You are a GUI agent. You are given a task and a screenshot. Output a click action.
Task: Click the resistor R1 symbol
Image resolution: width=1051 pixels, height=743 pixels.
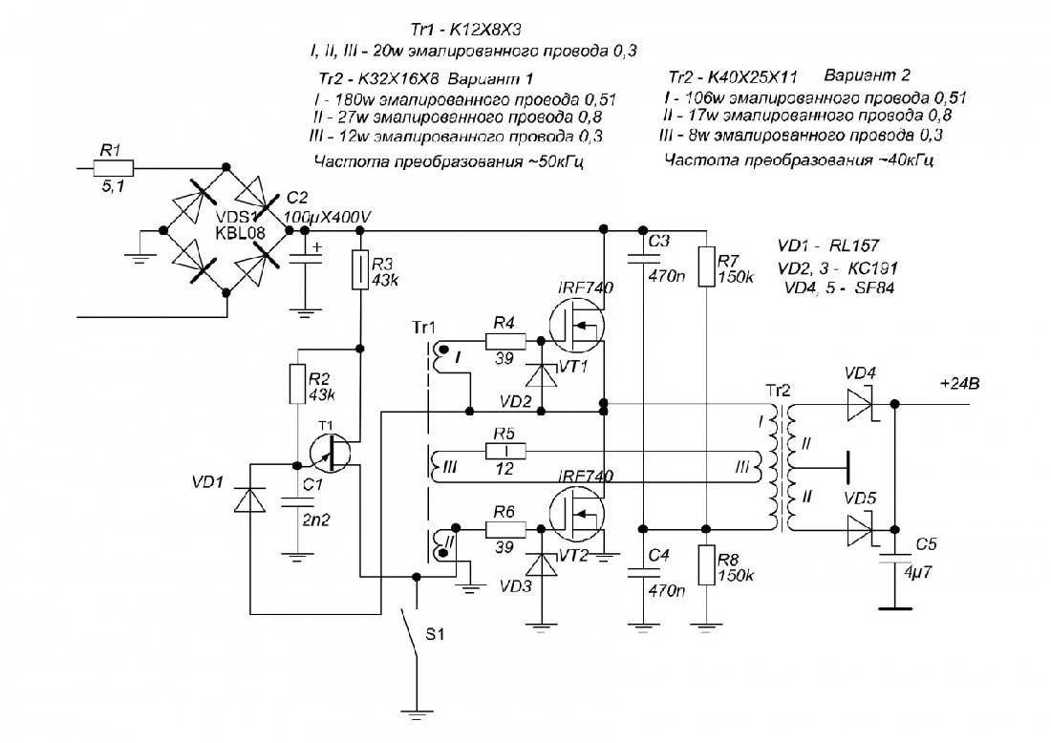click(114, 168)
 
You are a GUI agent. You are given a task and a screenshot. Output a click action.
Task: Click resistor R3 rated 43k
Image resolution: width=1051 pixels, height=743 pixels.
click(360, 269)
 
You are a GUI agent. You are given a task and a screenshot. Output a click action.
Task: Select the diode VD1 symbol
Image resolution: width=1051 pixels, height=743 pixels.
click(249, 499)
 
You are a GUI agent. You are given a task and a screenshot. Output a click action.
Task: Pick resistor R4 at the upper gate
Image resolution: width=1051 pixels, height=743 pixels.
click(503, 341)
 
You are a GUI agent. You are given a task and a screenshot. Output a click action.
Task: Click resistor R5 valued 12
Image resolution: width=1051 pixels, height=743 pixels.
click(504, 450)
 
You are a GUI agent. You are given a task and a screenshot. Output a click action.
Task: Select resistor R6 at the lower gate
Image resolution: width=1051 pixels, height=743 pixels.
click(503, 525)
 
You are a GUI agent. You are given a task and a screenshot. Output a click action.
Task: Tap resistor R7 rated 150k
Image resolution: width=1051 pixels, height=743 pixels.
click(705, 267)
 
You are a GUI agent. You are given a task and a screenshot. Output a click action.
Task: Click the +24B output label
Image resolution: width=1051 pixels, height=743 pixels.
click(960, 385)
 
